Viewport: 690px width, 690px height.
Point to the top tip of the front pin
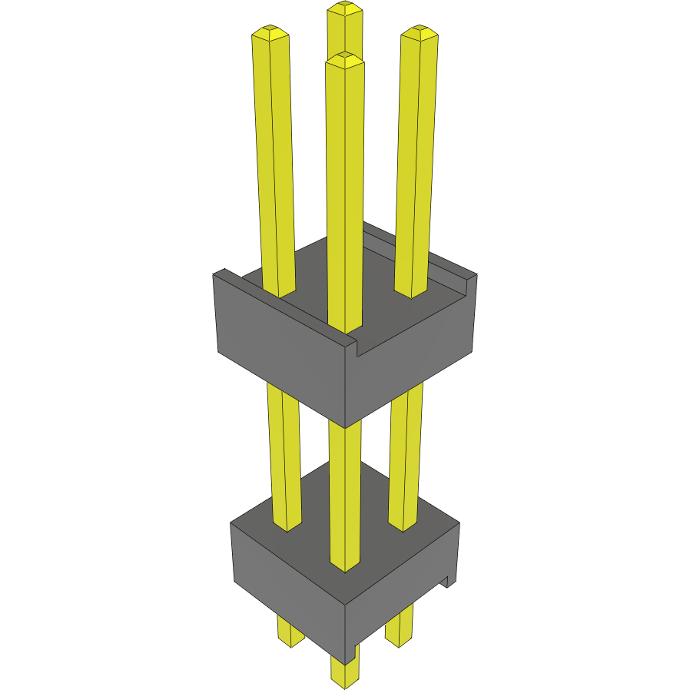point(344,59)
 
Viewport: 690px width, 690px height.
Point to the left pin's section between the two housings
point(283,453)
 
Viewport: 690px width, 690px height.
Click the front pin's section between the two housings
point(344,492)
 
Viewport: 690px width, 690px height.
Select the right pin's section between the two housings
point(405,453)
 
